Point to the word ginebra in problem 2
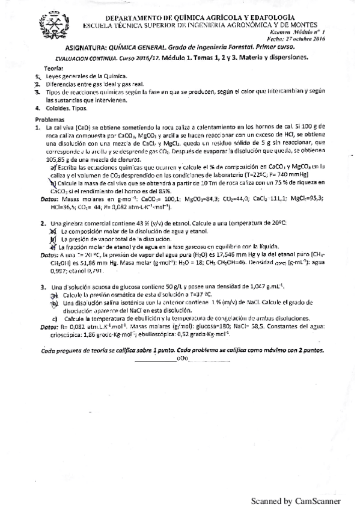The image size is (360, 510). click(x=66, y=223)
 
